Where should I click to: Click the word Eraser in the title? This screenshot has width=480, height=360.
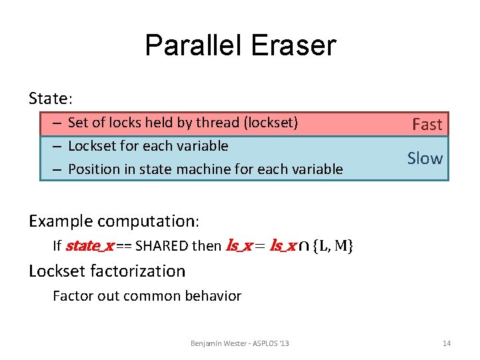tap(295, 46)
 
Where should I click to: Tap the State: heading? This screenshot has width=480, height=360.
tap(51, 99)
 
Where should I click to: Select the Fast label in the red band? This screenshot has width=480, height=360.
tap(427, 125)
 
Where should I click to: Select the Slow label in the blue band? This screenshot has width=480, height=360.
tap(425, 158)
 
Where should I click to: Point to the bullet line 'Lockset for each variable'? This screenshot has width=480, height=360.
tap(148, 146)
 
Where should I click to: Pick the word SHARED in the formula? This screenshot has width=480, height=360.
tap(162, 246)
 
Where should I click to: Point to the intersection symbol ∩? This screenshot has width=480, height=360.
tap(303, 247)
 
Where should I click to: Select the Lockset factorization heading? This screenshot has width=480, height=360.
tap(107, 271)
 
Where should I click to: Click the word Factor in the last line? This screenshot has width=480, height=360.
tap(71, 296)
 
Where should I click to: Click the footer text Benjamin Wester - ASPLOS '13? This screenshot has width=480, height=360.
tap(239, 343)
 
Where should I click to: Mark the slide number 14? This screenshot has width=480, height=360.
tap(447, 343)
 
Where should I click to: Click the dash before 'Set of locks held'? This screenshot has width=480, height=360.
tap(58, 123)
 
